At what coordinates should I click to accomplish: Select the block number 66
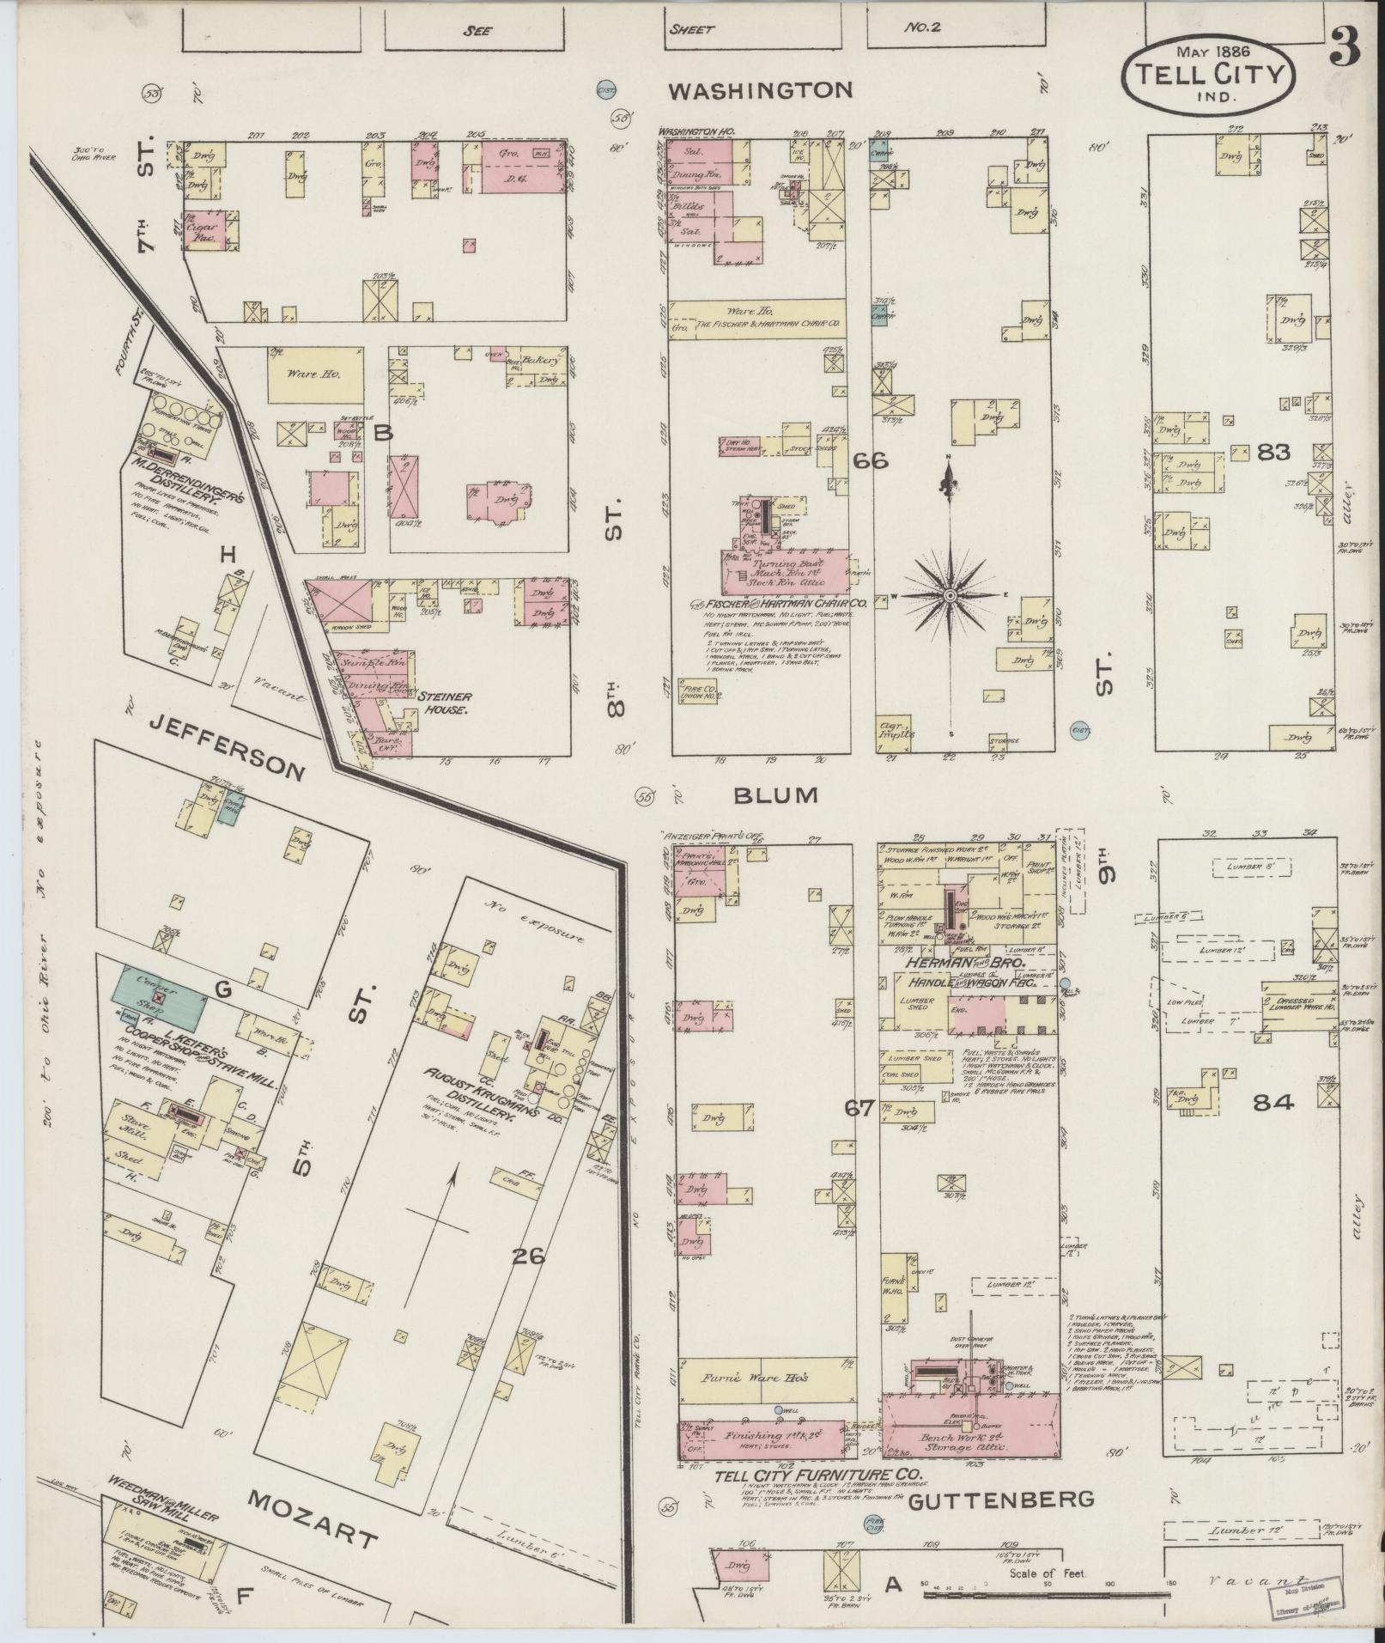[x=870, y=461]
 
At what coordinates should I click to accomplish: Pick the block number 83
[x=1273, y=451]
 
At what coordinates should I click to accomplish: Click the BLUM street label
[x=775, y=794]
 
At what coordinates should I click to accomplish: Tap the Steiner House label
[x=442, y=704]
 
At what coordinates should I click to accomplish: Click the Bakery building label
[x=542, y=361]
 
